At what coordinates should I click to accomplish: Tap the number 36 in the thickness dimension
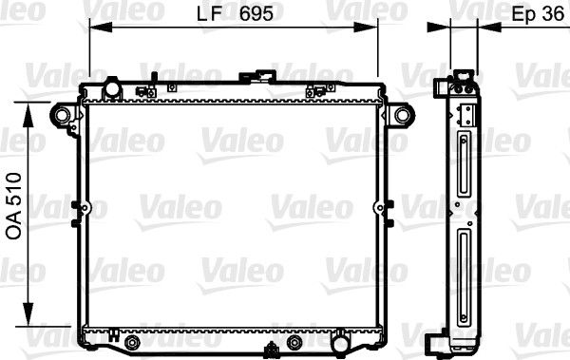[x=551, y=17]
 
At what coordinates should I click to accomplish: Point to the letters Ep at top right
[x=522, y=17]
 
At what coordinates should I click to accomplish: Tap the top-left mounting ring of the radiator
[x=63, y=116]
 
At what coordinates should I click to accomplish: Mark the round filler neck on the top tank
[x=112, y=89]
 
